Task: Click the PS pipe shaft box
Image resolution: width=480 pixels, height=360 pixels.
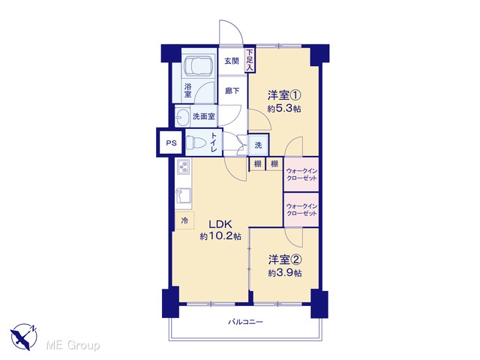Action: point(171,142)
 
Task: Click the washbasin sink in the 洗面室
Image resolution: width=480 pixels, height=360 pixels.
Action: point(183,117)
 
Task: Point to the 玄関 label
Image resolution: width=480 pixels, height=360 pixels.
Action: point(232,61)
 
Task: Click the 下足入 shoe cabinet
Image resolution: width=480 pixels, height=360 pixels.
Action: point(250,60)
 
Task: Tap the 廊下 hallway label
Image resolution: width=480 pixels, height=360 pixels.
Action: point(232,91)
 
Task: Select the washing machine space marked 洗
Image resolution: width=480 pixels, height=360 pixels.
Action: point(258,145)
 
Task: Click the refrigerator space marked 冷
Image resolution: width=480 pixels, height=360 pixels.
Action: point(184,220)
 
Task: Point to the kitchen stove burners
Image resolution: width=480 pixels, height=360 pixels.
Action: point(183,167)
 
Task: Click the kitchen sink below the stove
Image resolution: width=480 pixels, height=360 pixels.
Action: point(184,196)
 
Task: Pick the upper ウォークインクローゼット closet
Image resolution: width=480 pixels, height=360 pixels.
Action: point(301,175)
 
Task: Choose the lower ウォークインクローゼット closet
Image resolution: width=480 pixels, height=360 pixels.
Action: point(301,210)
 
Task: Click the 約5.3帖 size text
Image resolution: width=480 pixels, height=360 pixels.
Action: point(284,109)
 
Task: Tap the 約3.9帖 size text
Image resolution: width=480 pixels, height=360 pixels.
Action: point(285,273)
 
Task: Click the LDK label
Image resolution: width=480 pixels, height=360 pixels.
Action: point(220,224)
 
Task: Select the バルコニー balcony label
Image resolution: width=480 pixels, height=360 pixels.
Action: point(245,322)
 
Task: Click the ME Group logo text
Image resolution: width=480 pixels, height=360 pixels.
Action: point(73,345)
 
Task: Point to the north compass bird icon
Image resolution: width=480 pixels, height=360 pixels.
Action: point(23,337)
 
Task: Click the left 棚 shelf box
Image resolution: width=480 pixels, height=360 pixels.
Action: point(258,164)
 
